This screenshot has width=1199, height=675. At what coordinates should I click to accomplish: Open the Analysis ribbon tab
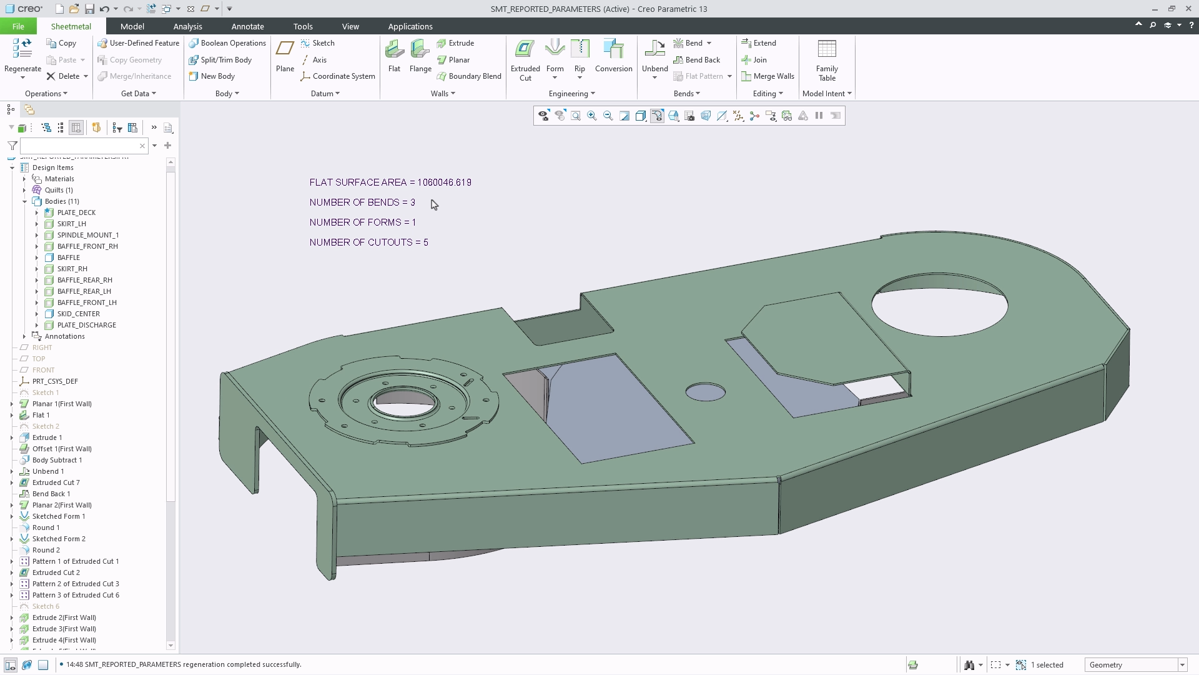pyautogui.click(x=187, y=26)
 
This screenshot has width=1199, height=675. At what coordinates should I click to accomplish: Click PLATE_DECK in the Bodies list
pyautogui.click(x=76, y=212)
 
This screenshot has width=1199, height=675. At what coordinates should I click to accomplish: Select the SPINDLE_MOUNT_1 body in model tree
pyautogui.click(x=87, y=235)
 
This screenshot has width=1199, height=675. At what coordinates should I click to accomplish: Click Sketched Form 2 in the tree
pyautogui.click(x=59, y=539)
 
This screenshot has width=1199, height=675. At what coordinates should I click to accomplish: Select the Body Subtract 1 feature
pyautogui.click(x=57, y=460)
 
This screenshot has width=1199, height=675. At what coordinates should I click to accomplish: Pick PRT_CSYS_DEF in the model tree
pyautogui.click(x=55, y=381)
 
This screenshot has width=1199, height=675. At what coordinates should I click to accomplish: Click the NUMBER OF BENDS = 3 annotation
pyautogui.click(x=362, y=202)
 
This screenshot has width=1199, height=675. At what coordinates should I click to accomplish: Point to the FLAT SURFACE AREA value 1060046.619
pyautogui.click(x=444, y=182)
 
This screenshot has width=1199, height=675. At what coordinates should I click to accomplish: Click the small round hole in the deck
pyautogui.click(x=705, y=392)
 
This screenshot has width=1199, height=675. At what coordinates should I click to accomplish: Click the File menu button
pyautogui.click(x=18, y=26)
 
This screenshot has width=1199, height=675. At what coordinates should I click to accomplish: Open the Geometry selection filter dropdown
pyautogui.click(x=1182, y=665)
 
